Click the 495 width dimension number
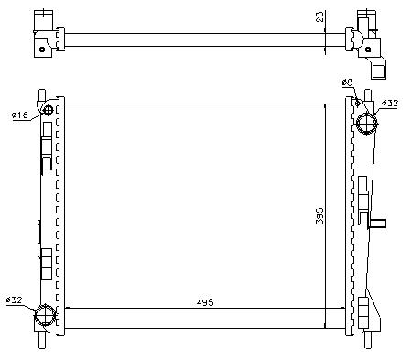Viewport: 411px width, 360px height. (x=205, y=302)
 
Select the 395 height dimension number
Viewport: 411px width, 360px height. (x=319, y=216)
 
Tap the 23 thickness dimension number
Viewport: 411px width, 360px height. (x=319, y=16)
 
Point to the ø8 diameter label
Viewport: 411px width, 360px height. (x=347, y=82)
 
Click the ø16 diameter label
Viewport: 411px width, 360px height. (x=20, y=115)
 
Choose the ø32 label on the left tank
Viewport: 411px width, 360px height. (x=14, y=300)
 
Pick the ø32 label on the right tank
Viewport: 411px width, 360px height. (x=390, y=104)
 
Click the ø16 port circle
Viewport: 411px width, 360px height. (x=48, y=110)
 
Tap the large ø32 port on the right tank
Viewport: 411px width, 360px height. (x=367, y=123)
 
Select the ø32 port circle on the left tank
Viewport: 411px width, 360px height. (x=46, y=315)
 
